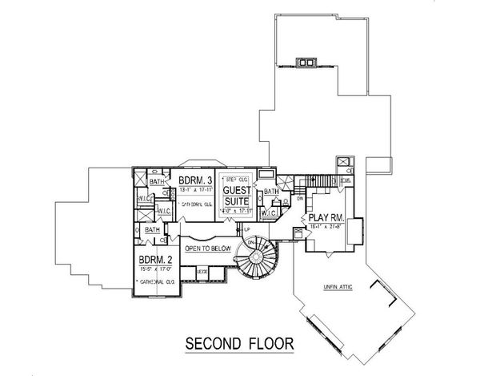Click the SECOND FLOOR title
coord(239,345)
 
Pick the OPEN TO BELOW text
coord(208,249)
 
